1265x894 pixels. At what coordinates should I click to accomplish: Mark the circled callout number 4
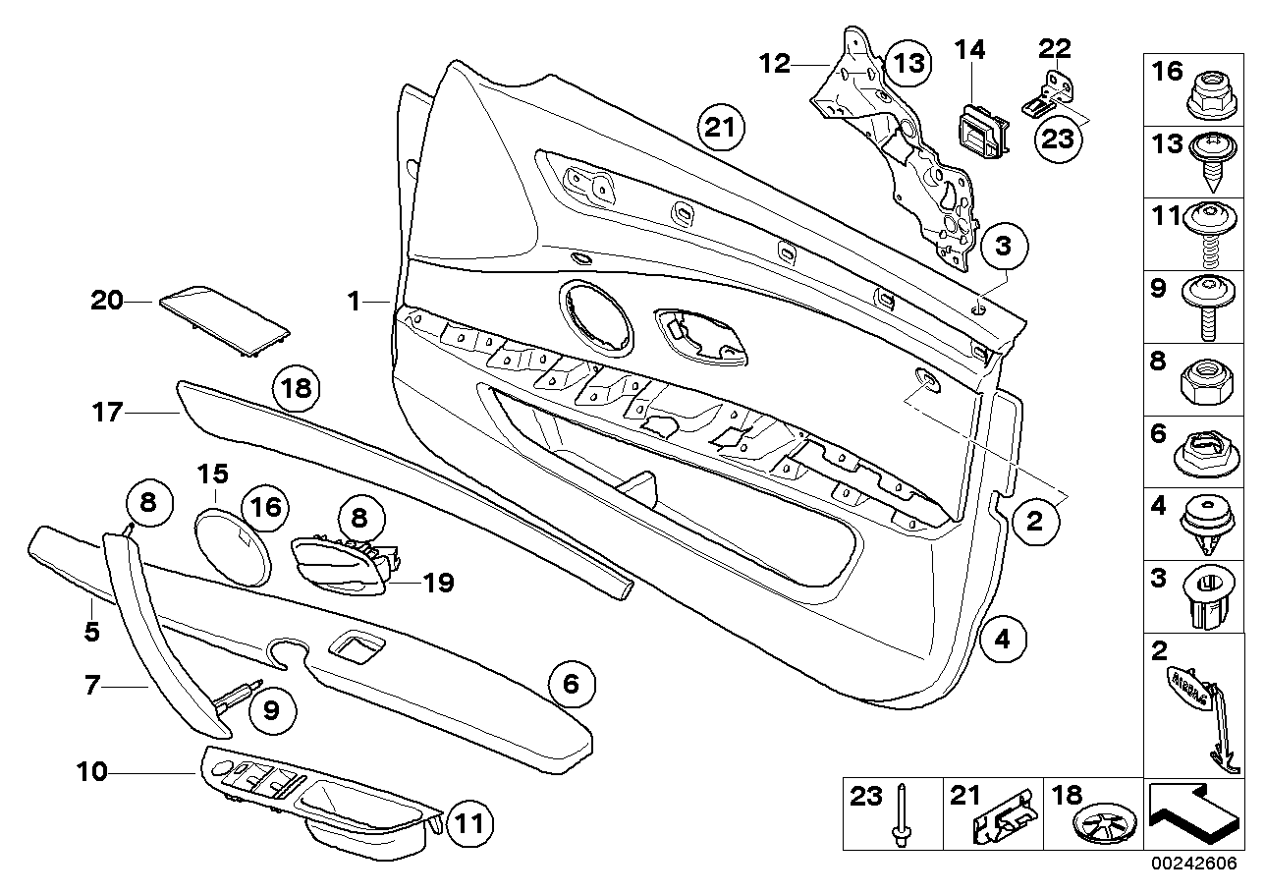pos(1001,638)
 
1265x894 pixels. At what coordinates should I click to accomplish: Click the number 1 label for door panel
pos(354,301)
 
